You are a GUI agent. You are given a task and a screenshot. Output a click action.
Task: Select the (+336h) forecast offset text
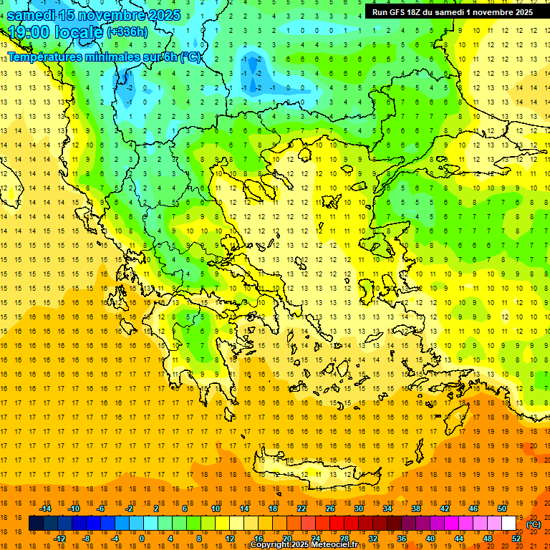127,32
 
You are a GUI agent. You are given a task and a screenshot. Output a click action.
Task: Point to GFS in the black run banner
400,12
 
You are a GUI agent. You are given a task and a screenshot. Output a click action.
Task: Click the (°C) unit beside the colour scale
534,524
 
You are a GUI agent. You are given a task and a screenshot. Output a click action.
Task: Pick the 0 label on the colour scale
141,538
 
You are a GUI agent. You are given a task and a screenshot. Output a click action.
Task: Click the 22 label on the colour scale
301,508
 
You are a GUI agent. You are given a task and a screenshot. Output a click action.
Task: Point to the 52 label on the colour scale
516,538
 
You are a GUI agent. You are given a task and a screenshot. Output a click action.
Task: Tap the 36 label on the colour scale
402,538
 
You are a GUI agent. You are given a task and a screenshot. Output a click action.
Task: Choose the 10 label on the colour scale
216,508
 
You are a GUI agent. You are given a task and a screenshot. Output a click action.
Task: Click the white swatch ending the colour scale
509,524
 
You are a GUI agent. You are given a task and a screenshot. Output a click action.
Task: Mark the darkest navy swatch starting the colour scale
37,524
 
